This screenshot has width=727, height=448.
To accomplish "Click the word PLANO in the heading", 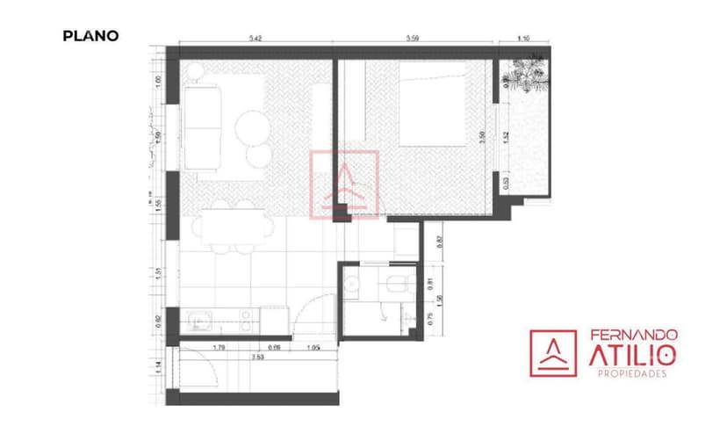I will click(90, 36).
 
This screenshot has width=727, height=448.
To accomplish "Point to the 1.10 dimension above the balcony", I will click(525, 39).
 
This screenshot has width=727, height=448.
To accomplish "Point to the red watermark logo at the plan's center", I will click(344, 184).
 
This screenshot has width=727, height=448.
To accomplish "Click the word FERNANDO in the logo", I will click(632, 336).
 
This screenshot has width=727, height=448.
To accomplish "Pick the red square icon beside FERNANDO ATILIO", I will click(552, 353).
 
